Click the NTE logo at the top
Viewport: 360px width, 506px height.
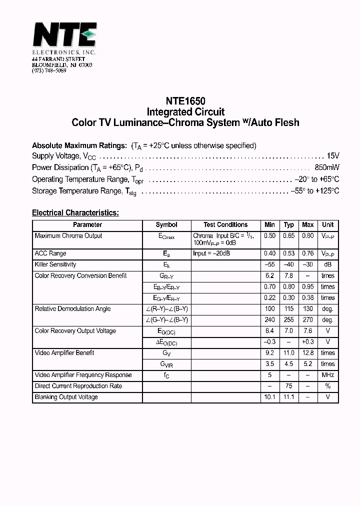pyautogui.click(x=64, y=36)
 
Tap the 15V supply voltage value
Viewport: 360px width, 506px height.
pyautogui.click(x=333, y=156)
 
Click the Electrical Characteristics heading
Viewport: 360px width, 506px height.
pyautogui.click(x=75, y=212)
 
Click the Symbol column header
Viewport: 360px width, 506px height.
pyautogui.click(x=166, y=225)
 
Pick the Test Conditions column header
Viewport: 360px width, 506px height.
pyautogui.click(x=225, y=225)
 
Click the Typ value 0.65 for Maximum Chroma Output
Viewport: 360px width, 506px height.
pyautogui.click(x=289, y=236)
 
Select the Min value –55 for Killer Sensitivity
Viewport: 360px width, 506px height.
pyautogui.click(x=270, y=264)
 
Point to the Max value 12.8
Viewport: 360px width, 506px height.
pyautogui.click(x=308, y=353)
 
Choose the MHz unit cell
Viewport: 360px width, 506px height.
pyautogui.click(x=328, y=375)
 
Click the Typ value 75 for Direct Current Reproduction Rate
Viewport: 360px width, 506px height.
pyautogui.click(x=289, y=386)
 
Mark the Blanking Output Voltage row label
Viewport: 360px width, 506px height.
pyautogui.click(x=66, y=397)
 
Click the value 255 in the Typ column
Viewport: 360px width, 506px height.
pyautogui.click(x=289, y=320)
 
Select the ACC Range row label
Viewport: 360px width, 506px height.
pyautogui.click(x=50, y=253)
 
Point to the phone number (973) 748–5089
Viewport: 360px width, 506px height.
pyautogui.click(x=49, y=70)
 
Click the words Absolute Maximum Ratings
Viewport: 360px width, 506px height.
pyautogui.click(x=79, y=145)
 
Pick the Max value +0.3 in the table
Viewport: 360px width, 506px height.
pyautogui.click(x=308, y=342)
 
